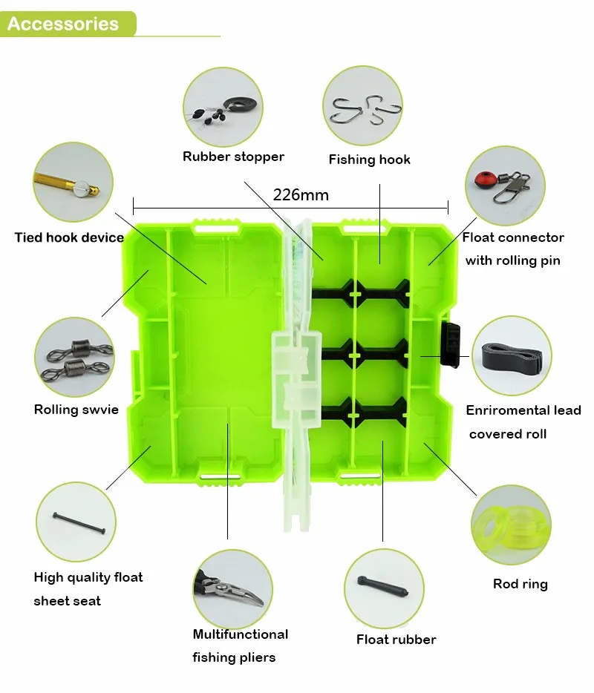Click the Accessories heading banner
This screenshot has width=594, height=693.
tap(64, 24)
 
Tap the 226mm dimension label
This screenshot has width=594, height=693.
tap(301, 195)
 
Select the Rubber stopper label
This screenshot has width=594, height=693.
tap(233, 157)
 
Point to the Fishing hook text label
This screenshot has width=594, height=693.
tap(369, 160)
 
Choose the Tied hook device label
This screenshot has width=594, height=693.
tap(69, 237)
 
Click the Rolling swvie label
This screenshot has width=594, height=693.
tap(76, 410)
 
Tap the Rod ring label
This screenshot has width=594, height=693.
tap(520, 584)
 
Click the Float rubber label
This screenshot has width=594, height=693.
tap(396, 640)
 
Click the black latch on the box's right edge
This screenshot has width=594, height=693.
tap(450, 344)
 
